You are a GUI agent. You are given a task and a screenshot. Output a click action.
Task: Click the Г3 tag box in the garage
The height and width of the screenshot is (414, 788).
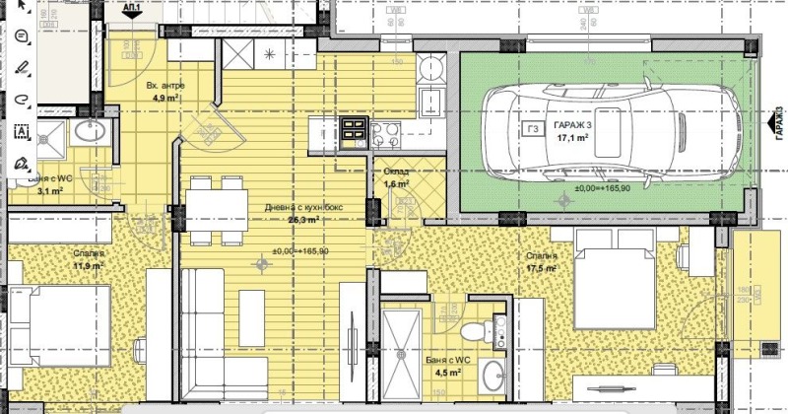coord(533,128)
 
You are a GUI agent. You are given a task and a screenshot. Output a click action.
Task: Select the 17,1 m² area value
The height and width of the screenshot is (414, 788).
coord(574,140)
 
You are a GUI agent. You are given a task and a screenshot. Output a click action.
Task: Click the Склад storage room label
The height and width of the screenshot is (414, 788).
coord(396,172)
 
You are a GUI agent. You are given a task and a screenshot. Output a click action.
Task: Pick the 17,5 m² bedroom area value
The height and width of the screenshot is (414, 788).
coord(543,268)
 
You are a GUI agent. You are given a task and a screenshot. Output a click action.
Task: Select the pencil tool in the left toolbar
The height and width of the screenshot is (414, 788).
coord(22,68)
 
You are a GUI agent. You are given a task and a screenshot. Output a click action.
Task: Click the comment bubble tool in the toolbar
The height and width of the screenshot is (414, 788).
coord(22,35)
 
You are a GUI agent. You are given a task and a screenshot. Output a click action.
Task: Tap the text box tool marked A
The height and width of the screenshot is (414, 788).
coord(22,130)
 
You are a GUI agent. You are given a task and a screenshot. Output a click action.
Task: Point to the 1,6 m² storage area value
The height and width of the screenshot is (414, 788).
coord(395,184)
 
